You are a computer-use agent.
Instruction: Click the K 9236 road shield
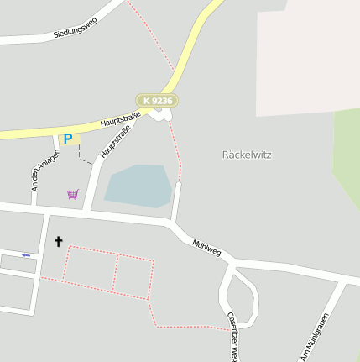click(158, 101)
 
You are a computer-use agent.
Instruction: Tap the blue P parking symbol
click(68, 139)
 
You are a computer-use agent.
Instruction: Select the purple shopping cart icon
click(73, 194)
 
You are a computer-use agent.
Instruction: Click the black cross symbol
click(59, 242)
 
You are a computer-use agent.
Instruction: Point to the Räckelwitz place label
click(247, 155)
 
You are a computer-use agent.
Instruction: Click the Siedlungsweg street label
click(75, 28)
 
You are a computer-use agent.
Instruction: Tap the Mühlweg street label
click(206, 244)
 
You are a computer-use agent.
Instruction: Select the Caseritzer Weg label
click(232, 336)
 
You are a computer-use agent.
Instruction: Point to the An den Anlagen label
click(45, 171)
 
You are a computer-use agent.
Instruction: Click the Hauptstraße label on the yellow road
click(120, 119)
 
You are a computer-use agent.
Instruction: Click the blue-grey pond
click(138, 185)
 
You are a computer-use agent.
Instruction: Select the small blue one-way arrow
click(26, 254)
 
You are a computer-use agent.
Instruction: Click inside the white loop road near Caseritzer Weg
click(241, 298)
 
